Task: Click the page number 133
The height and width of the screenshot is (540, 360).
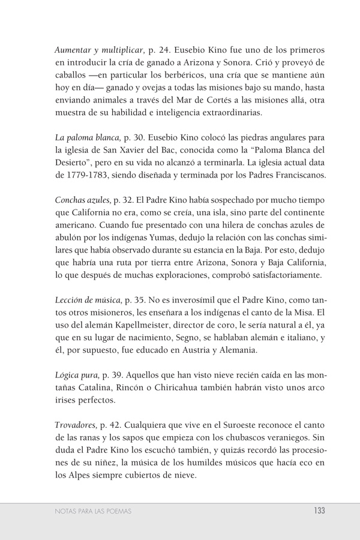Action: coord(319,511)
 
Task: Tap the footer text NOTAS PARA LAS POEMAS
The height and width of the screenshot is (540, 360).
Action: coord(93,511)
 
